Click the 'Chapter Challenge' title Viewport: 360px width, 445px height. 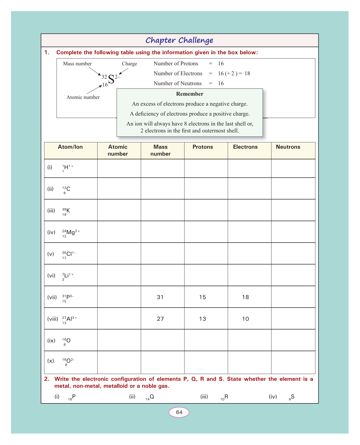click(x=179, y=40)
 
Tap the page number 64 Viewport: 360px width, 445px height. click(x=179, y=412)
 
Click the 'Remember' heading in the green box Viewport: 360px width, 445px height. click(x=189, y=94)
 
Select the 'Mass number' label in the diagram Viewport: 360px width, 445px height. click(x=77, y=64)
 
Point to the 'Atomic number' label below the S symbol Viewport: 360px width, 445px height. click(x=83, y=97)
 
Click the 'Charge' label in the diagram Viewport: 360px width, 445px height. click(x=129, y=64)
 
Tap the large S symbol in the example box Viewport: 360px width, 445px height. click(x=111, y=79)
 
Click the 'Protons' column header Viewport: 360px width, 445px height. click(x=203, y=147)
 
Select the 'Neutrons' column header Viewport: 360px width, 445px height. click(x=288, y=147)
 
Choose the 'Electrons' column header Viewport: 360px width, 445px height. click(x=245, y=147)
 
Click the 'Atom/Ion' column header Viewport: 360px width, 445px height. click(x=70, y=147)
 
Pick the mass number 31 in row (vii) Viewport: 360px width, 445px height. click(x=160, y=297)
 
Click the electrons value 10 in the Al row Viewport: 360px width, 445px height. click(x=245, y=319)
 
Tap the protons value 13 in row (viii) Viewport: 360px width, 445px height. click(x=202, y=319)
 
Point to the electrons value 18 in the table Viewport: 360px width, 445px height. click(x=245, y=297)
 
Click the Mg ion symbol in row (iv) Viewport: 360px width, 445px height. click(x=71, y=233)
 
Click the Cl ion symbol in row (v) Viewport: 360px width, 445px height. click(x=69, y=254)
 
